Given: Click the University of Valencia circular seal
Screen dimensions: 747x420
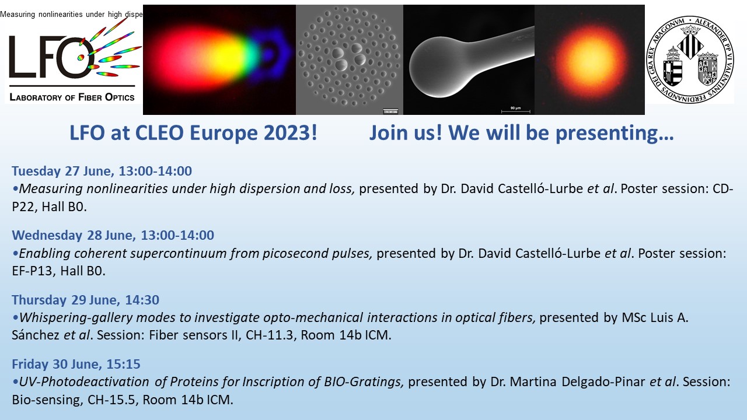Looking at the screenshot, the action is point(690,60).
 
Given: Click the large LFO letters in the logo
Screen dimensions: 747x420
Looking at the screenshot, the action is point(50,57).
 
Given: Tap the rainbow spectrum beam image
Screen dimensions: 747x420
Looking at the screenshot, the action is point(219,60).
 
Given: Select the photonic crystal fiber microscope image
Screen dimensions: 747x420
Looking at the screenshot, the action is point(350,60).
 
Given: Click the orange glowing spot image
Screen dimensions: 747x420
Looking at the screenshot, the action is point(589,60).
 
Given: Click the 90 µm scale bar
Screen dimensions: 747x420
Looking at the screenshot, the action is point(515,111).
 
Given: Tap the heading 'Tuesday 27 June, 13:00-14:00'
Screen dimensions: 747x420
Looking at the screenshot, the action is point(102,171).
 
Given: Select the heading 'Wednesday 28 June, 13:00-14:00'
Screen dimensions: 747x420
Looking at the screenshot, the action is point(113,235).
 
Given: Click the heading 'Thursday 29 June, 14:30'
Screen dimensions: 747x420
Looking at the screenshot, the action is point(85,300).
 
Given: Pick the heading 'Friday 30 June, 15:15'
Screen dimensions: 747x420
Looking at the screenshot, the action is point(76,364).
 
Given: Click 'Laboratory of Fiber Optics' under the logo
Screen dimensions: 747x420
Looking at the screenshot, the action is point(72,97).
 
